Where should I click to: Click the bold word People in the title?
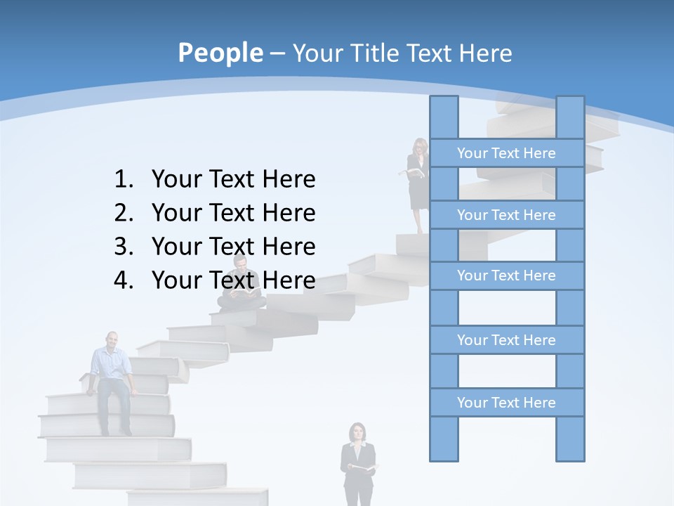(219, 53)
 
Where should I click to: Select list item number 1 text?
(233, 180)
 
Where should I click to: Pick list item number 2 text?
(233, 213)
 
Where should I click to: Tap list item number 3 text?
(233, 247)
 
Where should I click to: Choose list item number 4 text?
(233, 280)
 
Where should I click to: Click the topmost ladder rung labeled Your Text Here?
(506, 153)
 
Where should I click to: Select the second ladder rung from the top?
(506, 215)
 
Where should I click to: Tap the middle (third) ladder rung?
(506, 275)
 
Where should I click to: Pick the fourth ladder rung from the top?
(506, 340)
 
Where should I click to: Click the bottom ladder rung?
(506, 403)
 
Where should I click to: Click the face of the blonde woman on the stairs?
(420, 147)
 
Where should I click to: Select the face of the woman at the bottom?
(358, 432)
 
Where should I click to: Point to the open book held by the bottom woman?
(364, 468)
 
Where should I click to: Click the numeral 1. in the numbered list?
(124, 180)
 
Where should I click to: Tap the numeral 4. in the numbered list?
(124, 280)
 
